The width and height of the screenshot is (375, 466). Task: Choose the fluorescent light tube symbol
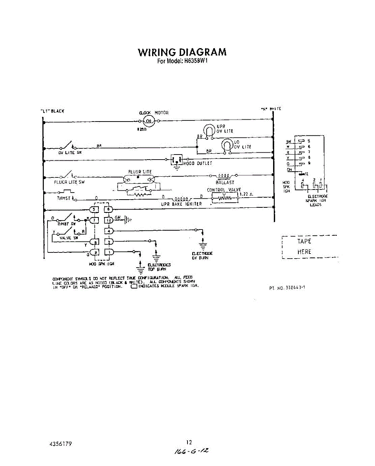pyautogui.click(x=139, y=179)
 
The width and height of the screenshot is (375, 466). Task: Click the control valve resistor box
pyautogui.click(x=224, y=199)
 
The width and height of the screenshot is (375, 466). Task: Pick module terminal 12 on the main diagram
pyautogui.click(x=109, y=220)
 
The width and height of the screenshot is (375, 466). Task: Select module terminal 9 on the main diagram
pyautogui.click(x=95, y=253)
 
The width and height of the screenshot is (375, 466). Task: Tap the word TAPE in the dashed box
pyautogui.click(x=304, y=241)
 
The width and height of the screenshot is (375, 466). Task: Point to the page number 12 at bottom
pyautogui.click(x=189, y=442)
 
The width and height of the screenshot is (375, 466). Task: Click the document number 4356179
pyautogui.click(x=61, y=443)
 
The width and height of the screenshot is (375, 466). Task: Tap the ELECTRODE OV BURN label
pyautogui.click(x=202, y=255)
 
